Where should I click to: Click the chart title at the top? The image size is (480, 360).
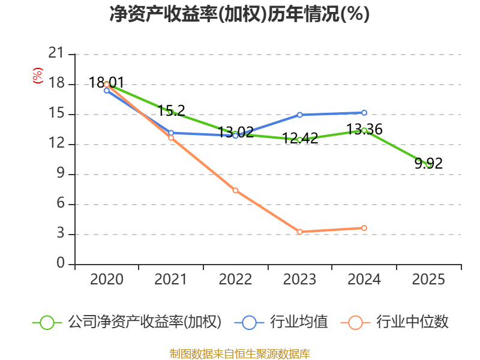coord(239,14)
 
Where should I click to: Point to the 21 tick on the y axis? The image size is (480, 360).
coord(56,54)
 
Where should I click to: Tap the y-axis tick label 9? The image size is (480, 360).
coord(60,174)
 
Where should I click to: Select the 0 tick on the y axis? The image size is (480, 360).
coord(60,264)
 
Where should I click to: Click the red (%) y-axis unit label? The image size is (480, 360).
coord(38,76)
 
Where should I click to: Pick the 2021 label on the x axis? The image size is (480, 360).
coord(170,280)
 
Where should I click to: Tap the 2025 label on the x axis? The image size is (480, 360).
coord(428,280)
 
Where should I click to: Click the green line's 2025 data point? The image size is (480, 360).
coord(428,164)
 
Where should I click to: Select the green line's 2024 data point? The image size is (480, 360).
coord(364,130)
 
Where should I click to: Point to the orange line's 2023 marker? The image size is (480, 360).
coord(299,232)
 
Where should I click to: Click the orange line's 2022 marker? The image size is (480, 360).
coord(235,190)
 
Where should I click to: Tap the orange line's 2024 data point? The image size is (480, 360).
coord(364,228)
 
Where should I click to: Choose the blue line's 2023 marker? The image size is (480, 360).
coord(299,115)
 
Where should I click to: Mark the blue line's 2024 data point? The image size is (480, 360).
coord(364,112)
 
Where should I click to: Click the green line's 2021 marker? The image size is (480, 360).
coord(171,112)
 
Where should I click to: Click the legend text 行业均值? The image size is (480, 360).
coord(299,322)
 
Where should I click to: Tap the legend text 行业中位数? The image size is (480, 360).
coord(412,322)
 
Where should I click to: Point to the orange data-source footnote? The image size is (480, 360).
coord(239,353)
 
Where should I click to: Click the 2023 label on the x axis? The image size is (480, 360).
coord(299,280)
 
